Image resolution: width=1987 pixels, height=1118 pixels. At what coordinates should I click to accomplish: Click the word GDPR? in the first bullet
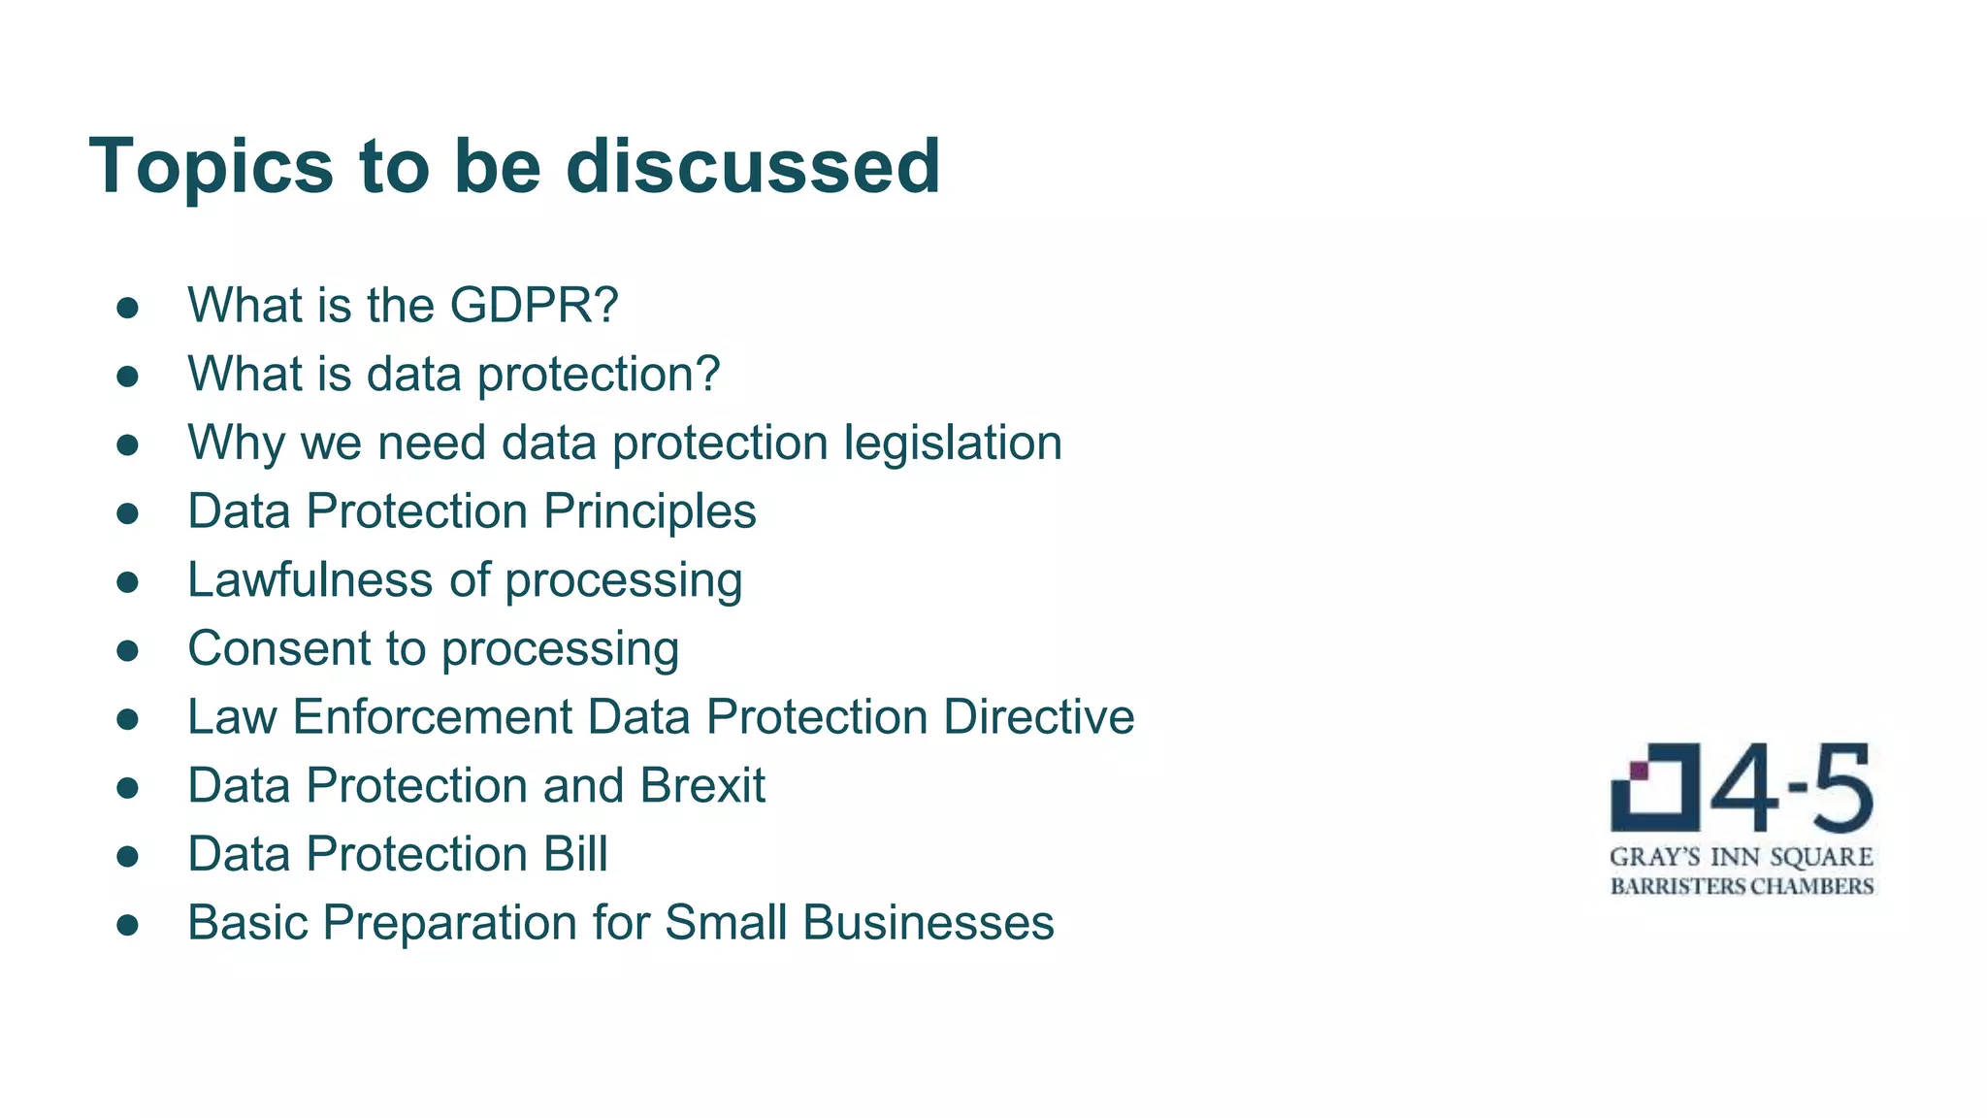pos(534,305)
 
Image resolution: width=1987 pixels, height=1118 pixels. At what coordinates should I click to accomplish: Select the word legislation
pos(953,444)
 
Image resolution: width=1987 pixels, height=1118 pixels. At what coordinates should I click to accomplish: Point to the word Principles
pos(649,511)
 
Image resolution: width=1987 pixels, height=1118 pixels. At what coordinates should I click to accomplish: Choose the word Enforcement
pos(433,717)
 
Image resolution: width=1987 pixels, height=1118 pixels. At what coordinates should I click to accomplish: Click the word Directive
pos(1038,717)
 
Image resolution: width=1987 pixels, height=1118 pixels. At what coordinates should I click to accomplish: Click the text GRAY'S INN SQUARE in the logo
pos(1742,857)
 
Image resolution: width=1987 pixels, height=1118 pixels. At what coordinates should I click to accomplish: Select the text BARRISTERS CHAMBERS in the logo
pos(1742,886)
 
